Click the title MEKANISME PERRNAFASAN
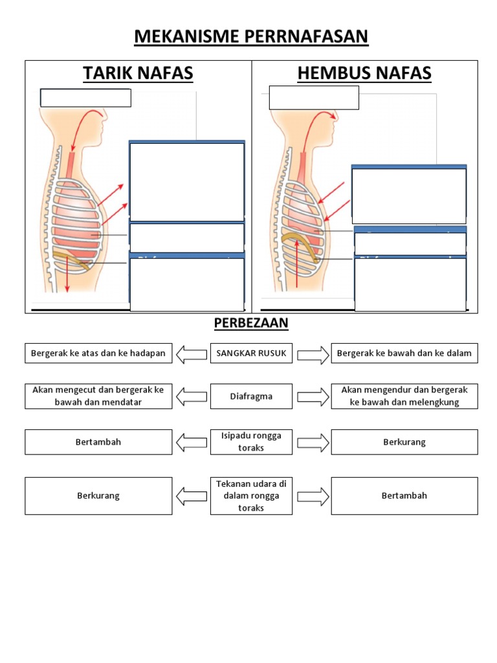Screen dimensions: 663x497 (251, 37)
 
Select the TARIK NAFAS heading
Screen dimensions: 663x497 (138, 73)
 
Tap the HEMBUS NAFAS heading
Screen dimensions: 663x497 (364, 73)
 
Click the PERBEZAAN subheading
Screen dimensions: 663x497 (251, 322)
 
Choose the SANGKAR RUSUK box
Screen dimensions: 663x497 (251, 354)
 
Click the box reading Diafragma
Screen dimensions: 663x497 (251, 396)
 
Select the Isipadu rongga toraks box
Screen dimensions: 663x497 (251, 442)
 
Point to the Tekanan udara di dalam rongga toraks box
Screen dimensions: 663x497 (251, 496)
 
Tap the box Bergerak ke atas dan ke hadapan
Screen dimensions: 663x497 (98, 354)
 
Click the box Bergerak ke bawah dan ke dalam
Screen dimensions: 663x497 (404, 354)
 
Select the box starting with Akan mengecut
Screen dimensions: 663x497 (98, 396)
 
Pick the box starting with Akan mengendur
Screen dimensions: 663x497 (404, 396)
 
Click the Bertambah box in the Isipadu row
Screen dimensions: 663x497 (98, 442)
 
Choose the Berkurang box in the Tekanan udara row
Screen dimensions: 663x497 (98, 496)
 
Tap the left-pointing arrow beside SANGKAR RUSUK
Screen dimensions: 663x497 (192, 354)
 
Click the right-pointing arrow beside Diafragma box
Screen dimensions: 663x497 (313, 396)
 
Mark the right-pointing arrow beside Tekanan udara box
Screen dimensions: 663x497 (313, 496)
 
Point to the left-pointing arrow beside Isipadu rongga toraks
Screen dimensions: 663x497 (192, 442)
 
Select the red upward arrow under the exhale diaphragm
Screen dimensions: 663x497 (297, 265)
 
